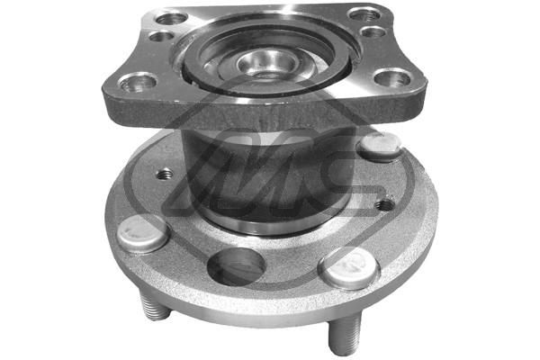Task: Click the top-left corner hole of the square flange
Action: tap(171, 18)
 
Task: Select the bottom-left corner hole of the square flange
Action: tap(138, 83)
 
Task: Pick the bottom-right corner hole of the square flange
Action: tap(391, 78)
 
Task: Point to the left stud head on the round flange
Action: tap(142, 233)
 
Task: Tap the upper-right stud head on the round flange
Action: tap(379, 145)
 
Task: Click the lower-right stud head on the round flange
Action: tap(348, 267)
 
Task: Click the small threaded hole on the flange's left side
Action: tap(165, 174)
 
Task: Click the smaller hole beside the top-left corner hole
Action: tap(160, 37)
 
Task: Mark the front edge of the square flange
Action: tap(270, 112)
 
